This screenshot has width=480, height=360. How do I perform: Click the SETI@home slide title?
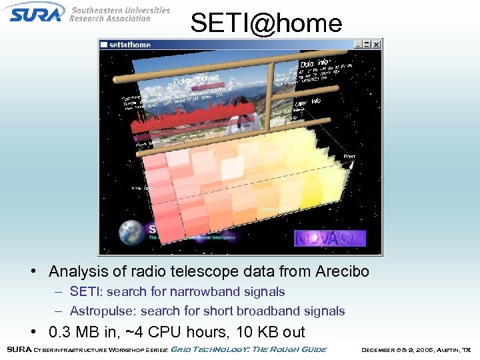pyautogui.click(x=266, y=23)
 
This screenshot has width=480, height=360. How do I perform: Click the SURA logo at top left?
pyautogui.click(x=37, y=12)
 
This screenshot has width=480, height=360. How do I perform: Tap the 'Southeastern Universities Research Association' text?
pyautogui.click(x=119, y=14)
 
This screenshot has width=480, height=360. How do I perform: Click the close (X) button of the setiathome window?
pyautogui.click(x=376, y=45)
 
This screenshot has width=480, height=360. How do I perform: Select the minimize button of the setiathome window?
pyautogui.click(x=359, y=45)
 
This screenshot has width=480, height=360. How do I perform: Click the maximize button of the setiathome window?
pyautogui.click(x=367, y=45)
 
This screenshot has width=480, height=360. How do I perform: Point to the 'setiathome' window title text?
pyautogui.click(x=130, y=45)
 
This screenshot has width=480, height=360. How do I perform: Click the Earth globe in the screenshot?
pyautogui.click(x=131, y=233)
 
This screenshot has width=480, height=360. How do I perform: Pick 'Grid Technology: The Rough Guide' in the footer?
pyautogui.click(x=249, y=349)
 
